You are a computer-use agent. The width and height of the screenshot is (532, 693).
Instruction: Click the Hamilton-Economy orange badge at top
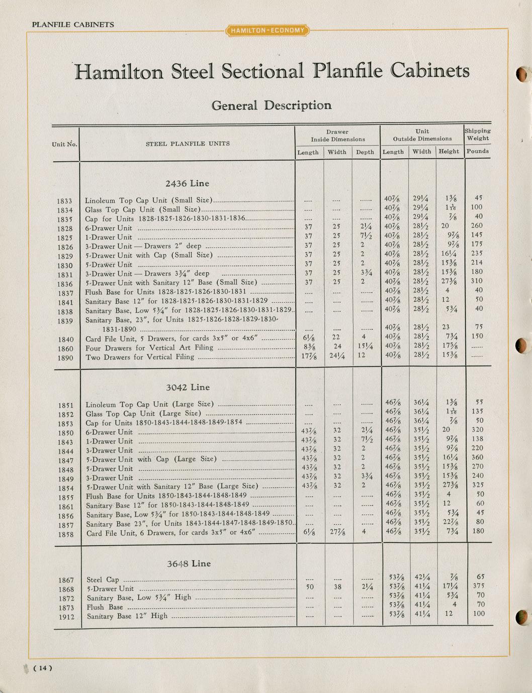coord(268,31)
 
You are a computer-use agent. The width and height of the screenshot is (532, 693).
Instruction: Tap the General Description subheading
coord(271,105)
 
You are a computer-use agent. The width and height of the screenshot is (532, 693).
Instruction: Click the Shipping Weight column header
coord(477,135)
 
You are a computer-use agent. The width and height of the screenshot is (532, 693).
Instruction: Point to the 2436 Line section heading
coord(187,184)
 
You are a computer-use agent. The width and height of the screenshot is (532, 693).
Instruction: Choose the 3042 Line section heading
coord(188,388)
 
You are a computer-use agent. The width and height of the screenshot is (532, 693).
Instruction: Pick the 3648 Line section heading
coord(189,563)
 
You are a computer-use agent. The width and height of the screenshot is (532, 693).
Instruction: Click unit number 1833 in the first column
coord(65,201)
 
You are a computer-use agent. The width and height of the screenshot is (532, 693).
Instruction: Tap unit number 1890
coord(65,358)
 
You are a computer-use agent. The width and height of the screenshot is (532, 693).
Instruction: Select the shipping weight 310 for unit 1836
coord(477,281)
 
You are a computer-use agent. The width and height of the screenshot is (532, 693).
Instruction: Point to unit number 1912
coord(66,617)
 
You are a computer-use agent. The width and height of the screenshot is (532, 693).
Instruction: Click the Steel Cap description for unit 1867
coord(103,580)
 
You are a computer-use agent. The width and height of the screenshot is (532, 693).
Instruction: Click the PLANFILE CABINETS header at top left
coord(73,25)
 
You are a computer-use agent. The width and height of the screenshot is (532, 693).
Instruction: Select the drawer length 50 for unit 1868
coord(310,587)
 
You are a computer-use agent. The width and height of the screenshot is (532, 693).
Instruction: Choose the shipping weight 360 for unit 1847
coord(477,457)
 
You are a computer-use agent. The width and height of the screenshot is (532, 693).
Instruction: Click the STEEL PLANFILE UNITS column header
coord(188,144)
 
